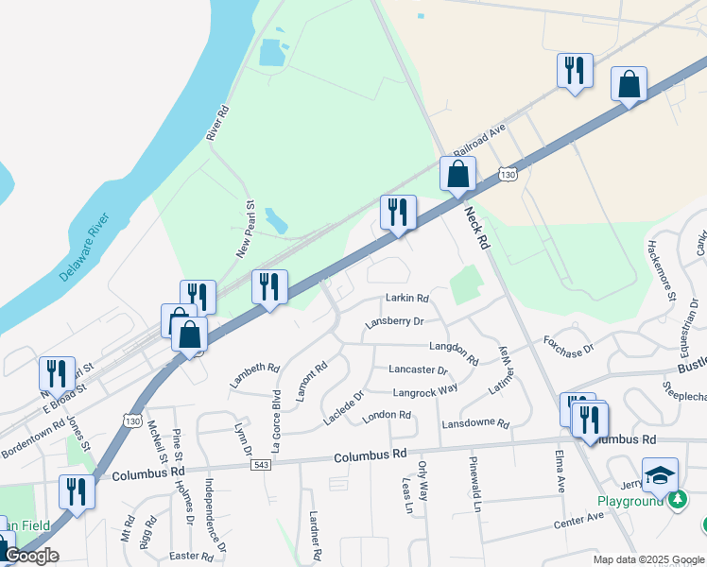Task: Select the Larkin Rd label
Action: [407, 298]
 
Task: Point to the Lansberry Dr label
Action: [394, 322]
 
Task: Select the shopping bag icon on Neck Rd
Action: [457, 175]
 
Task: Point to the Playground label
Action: [629, 501]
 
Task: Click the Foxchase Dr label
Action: [567, 344]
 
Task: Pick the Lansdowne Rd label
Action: [475, 422]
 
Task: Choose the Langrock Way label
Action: [425, 389]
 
